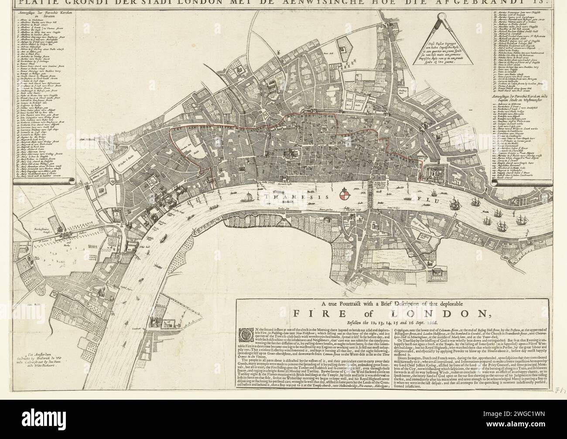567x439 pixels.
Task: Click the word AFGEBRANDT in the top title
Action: point(494,3)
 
